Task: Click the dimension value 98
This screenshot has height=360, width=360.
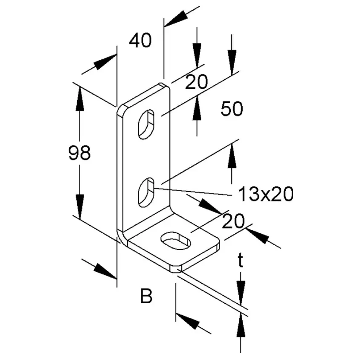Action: click(80, 153)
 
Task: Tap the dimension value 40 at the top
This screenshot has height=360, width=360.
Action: click(140, 40)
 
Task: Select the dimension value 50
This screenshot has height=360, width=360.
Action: click(232, 109)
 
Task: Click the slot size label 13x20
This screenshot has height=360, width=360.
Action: click(266, 194)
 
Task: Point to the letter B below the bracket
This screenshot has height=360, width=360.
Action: click(146, 296)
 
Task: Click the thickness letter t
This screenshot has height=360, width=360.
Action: click(241, 261)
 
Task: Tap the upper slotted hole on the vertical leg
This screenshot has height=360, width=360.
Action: click(146, 124)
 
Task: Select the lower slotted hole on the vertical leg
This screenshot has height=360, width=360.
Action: click(146, 192)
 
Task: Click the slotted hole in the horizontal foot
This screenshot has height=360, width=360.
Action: click(176, 240)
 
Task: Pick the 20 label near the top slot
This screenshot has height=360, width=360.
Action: click(196, 82)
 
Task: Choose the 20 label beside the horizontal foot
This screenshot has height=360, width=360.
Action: click(233, 221)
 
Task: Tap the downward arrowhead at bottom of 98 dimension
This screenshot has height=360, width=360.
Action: click(80, 206)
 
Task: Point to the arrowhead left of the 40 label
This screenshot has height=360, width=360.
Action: click(104, 62)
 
